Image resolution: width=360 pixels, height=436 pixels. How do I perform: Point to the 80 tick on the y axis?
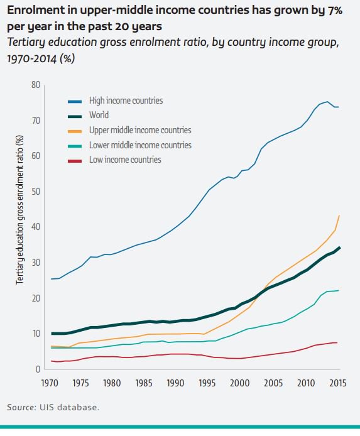point(36,85)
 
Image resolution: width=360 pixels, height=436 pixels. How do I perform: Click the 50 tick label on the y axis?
point(36,191)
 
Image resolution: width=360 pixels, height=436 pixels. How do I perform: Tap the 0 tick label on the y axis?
point(38,369)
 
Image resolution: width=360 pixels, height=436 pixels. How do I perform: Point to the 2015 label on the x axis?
point(338,383)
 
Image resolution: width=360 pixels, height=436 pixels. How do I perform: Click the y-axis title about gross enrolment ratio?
point(19,210)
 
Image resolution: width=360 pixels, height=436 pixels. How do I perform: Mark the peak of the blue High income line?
point(327,102)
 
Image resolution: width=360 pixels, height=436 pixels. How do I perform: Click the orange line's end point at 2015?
point(340,216)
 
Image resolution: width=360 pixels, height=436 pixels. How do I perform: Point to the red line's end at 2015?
point(338,342)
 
